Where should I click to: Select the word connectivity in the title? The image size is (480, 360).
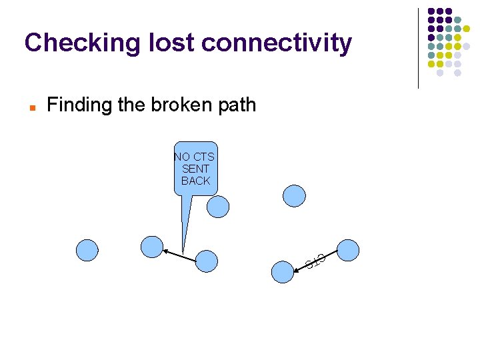pyautogui.click(x=276, y=43)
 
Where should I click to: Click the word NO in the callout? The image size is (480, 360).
pyautogui.click(x=181, y=157)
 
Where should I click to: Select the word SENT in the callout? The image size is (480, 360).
pyautogui.click(x=195, y=169)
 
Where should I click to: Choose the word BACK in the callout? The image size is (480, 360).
pyautogui.click(x=195, y=181)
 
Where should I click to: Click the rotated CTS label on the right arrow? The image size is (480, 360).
pyautogui.click(x=315, y=261)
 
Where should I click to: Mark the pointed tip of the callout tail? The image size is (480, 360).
pyautogui.click(x=183, y=253)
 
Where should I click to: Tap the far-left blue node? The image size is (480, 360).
pyautogui.click(x=87, y=250)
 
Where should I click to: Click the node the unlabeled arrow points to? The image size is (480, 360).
pyautogui.click(x=152, y=246)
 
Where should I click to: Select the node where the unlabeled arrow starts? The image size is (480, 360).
pyautogui.click(x=207, y=261)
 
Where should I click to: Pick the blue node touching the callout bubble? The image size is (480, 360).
pyautogui.click(x=218, y=207)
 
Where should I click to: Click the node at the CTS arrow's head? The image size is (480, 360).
pyautogui.click(x=283, y=272)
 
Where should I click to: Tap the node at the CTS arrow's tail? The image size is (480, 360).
pyautogui.click(x=348, y=250)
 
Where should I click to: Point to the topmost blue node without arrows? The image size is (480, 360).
pyautogui.click(x=294, y=195)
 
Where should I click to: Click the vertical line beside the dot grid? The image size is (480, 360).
pyautogui.click(x=418, y=48)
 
